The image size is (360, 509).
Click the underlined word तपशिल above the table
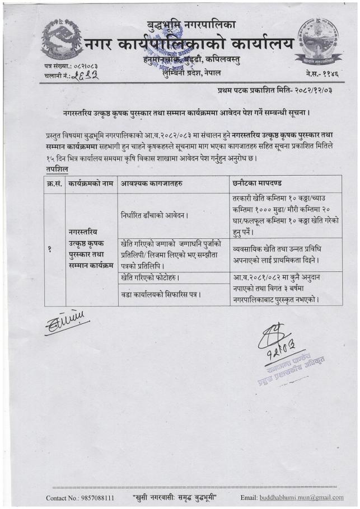(x=57, y=169)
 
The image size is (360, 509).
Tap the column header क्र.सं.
(x=54, y=183)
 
